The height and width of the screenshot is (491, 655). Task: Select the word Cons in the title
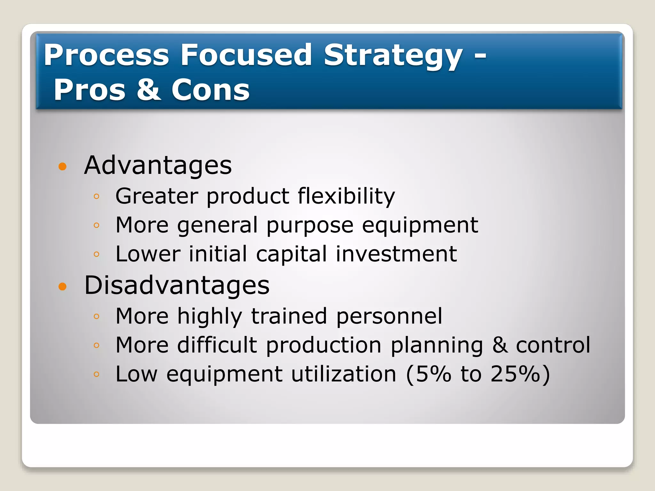(210, 90)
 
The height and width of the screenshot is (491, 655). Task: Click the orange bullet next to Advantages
(63, 166)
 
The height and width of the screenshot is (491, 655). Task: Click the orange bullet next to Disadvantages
(63, 286)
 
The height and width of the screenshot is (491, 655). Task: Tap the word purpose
(310, 225)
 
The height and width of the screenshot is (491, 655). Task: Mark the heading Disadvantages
(177, 285)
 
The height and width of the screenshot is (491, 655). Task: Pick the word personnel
(389, 316)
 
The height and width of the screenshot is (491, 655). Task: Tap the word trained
(289, 316)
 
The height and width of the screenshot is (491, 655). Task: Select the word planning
(437, 346)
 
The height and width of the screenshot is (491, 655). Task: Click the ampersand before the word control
(500, 345)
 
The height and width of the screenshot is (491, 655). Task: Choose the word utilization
(344, 374)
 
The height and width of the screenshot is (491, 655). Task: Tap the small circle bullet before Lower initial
(97, 254)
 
